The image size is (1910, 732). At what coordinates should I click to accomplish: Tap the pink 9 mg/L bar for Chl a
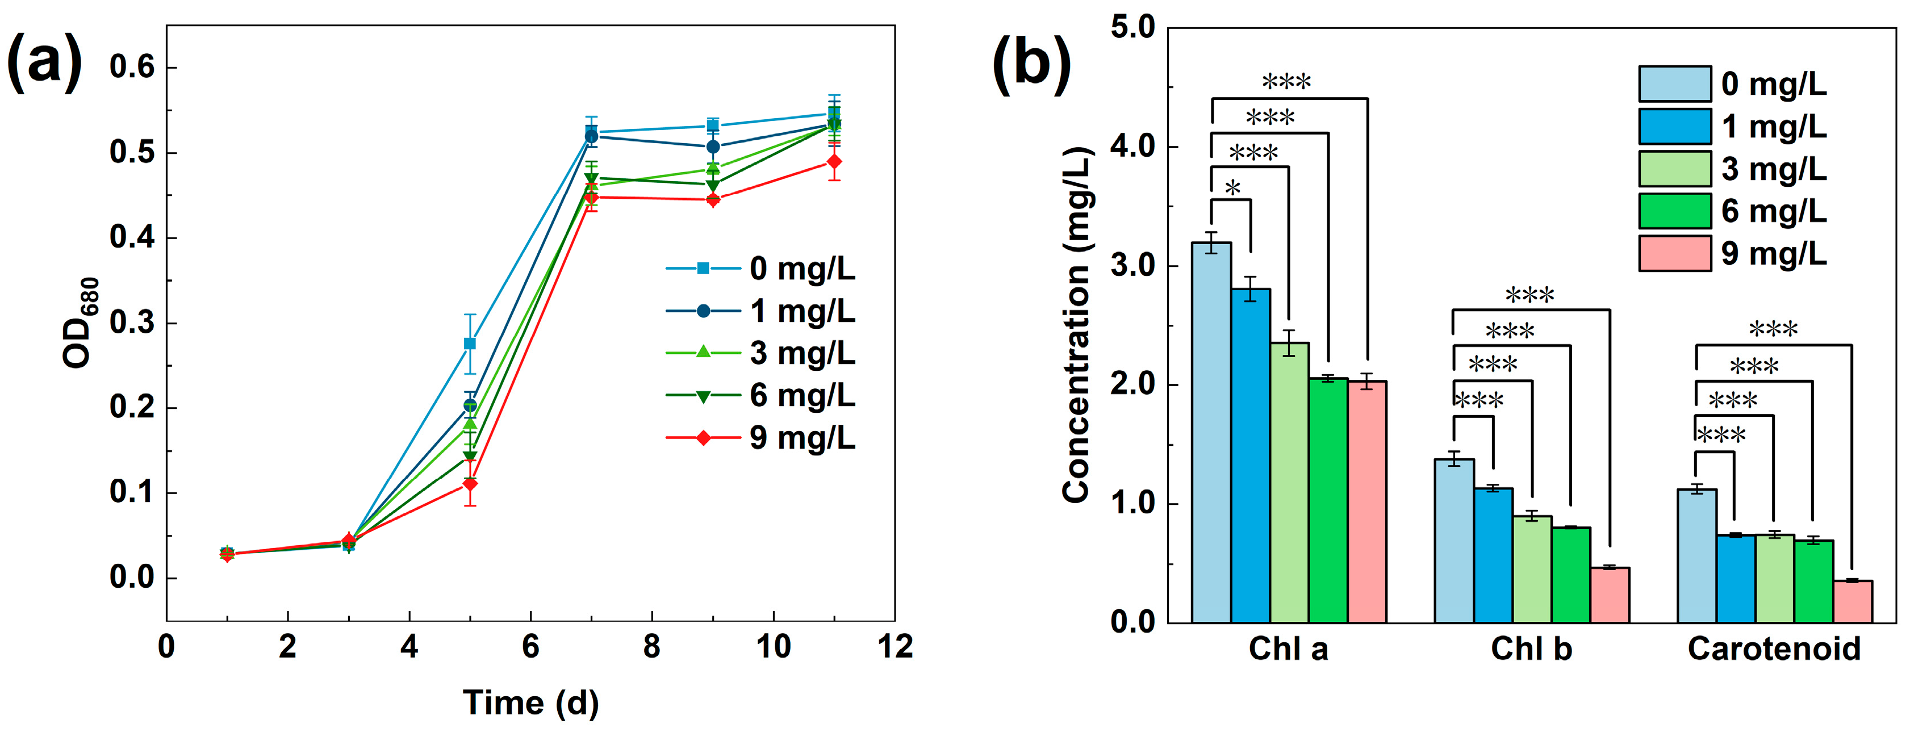pos(1366,502)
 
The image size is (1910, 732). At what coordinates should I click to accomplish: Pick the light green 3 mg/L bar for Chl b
pos(1532,570)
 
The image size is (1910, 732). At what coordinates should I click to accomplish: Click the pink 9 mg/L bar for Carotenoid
pos(1852,601)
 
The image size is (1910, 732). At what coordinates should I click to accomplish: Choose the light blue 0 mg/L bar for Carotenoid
pos(1696,556)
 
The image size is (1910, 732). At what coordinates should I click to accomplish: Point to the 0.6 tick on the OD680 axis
pos(132,68)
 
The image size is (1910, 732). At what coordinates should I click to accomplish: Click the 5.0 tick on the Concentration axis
pos(1133,27)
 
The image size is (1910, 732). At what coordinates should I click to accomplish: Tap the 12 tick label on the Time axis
pos(895,647)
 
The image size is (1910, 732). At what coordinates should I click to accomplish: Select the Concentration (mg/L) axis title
pos(1077,325)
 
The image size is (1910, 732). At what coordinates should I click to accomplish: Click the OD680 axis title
pos(80,323)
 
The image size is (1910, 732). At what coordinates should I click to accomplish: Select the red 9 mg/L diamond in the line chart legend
pos(703,438)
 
